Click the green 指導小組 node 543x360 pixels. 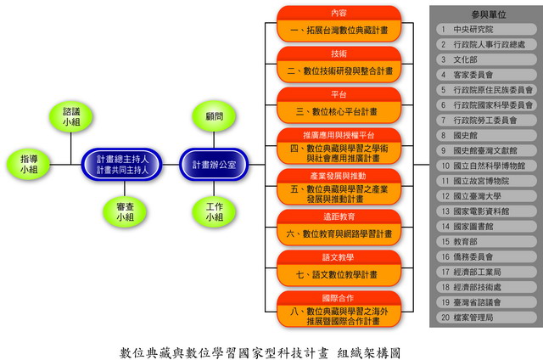point(30,164)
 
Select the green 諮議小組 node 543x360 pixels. point(71,116)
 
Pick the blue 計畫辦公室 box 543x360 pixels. point(215,164)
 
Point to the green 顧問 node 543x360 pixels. point(214,116)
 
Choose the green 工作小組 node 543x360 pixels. point(214,211)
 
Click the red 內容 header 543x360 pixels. point(339,13)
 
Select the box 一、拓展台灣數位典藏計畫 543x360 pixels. point(339,31)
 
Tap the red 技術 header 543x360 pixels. point(339,53)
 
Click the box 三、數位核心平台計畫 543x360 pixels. point(339,111)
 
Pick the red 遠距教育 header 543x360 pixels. point(339,216)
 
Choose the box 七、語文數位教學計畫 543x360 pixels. point(339,273)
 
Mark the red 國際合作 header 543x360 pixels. point(339,297)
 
